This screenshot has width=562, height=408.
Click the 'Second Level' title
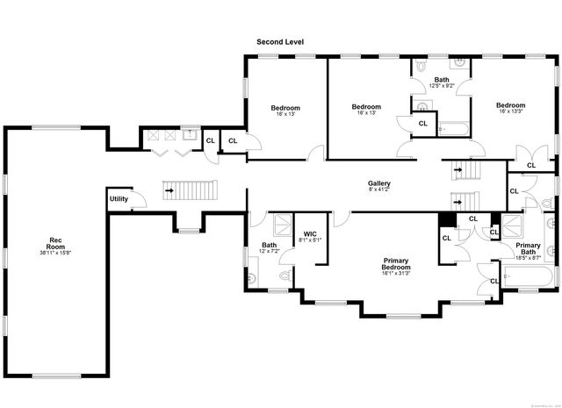(280, 42)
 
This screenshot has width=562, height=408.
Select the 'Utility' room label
(119, 199)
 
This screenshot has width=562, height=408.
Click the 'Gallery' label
(379, 183)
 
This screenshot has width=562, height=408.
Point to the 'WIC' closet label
(310, 233)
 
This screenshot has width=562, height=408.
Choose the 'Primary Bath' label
(528, 248)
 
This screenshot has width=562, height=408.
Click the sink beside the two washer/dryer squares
(188, 133)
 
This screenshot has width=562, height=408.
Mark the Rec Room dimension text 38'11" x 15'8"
(54, 253)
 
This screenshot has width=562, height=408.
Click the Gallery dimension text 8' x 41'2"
(379, 190)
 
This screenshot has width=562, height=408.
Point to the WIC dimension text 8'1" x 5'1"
(310, 240)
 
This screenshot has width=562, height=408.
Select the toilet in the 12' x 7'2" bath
(283, 276)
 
